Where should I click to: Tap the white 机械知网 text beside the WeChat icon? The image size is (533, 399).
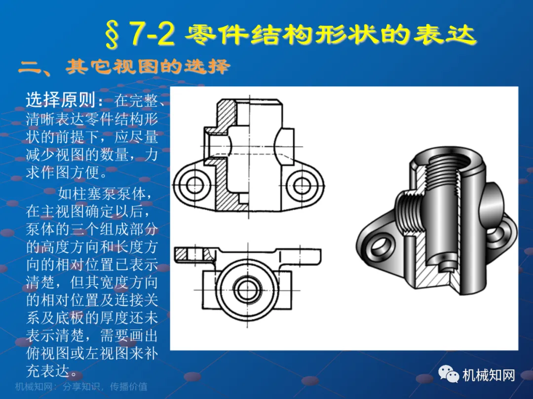pyautogui.click(x=489, y=375)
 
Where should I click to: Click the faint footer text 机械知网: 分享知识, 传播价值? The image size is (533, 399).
pyautogui.click(x=81, y=387)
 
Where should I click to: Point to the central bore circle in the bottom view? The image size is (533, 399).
pyautogui.click(x=248, y=290)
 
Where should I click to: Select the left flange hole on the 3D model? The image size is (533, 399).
pyautogui.click(x=380, y=245)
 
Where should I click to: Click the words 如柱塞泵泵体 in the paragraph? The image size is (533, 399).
pyautogui.click(x=102, y=194)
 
